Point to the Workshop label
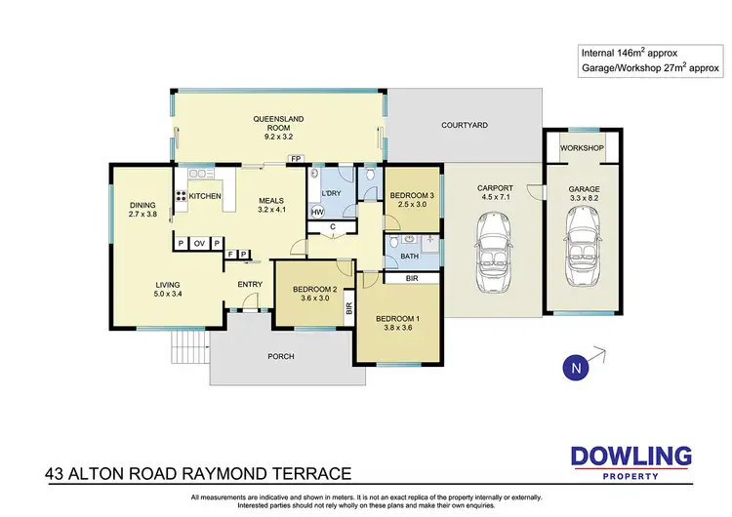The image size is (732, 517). point(583,148)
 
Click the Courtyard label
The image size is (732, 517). point(464,125)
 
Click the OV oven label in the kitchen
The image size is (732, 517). point(198,242)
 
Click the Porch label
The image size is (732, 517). point(280,357)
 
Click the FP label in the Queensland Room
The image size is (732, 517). point(293,157)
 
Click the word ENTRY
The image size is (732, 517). point(251,284)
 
